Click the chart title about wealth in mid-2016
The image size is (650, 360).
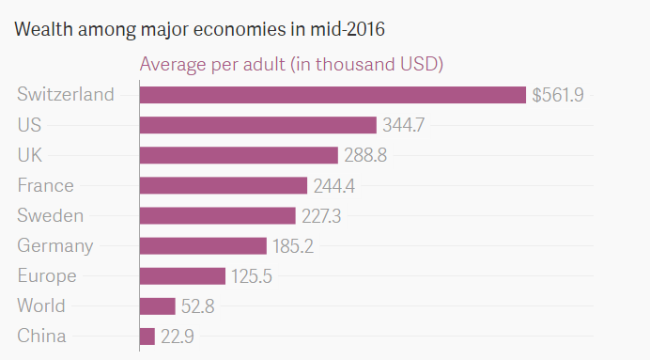coord(199,29)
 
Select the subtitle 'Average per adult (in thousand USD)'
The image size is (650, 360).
coord(291,65)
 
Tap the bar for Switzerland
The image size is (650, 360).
coord(333,95)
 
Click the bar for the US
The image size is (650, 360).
coord(258,125)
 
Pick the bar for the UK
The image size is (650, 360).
coord(239,155)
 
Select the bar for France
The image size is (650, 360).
coord(224,185)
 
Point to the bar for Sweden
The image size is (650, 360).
coord(218,215)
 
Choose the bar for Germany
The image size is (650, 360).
coord(203,245)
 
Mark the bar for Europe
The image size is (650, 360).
coord(182,275)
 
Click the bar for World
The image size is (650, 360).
coord(158,305)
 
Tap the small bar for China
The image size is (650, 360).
coord(147,336)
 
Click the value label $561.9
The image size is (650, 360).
coord(558,95)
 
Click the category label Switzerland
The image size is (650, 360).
coord(66,95)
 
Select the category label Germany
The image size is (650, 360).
coord(55,246)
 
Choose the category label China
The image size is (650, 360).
coord(42,336)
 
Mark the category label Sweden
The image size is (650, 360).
coord(51,215)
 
